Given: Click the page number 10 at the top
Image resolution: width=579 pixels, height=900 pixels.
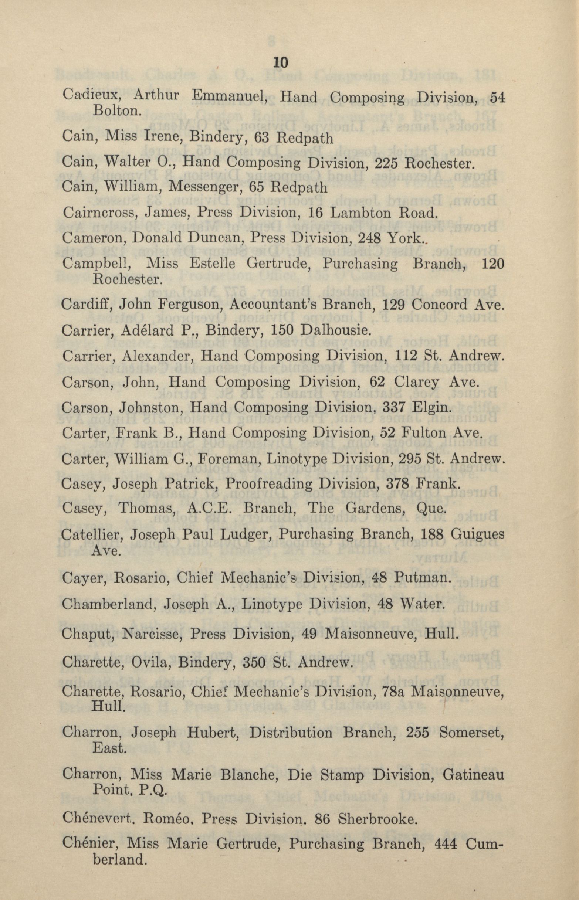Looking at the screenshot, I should [281, 63].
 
